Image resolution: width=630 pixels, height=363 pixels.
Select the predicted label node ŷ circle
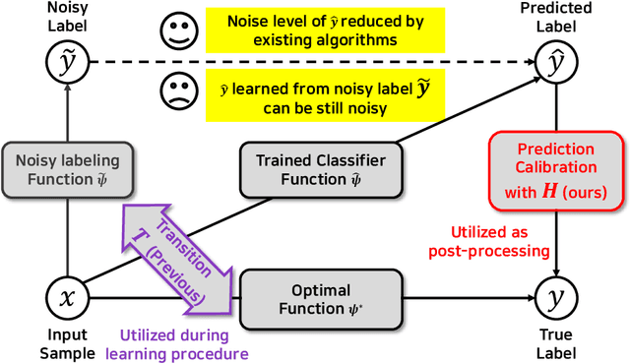click(557, 63)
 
